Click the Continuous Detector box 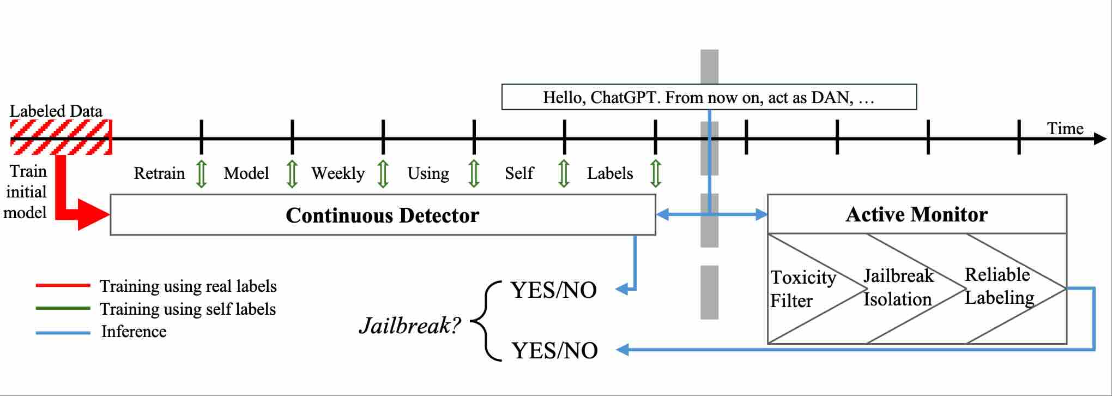[383, 215]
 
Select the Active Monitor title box [917, 214]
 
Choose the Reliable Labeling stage [1000, 286]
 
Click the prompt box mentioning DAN [709, 97]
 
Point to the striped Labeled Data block [61, 137]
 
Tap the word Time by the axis [1065, 129]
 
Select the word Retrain [159, 173]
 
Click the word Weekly [338, 173]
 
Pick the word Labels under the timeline [610, 173]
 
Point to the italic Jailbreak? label [410, 326]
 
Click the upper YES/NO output [554, 290]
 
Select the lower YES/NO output [555, 350]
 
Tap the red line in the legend [63, 285]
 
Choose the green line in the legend [63, 308]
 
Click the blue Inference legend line [63, 332]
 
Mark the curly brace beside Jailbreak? [485, 321]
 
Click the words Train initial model [26, 191]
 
